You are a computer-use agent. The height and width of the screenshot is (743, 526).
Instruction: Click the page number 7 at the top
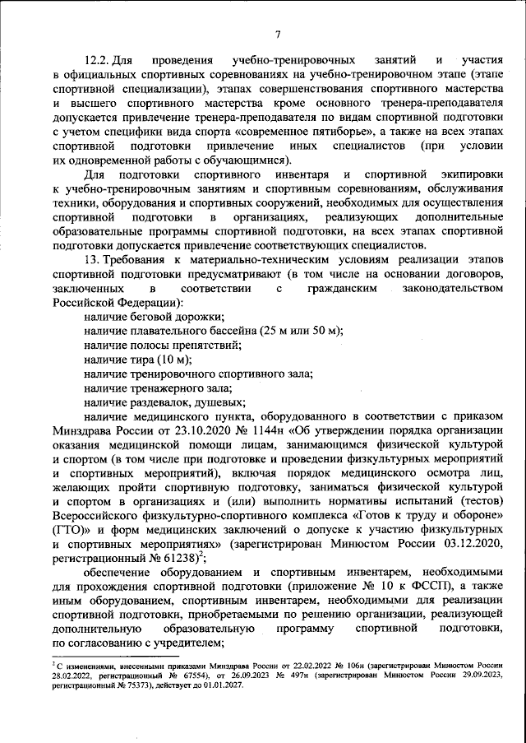pyautogui.click(x=278, y=34)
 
